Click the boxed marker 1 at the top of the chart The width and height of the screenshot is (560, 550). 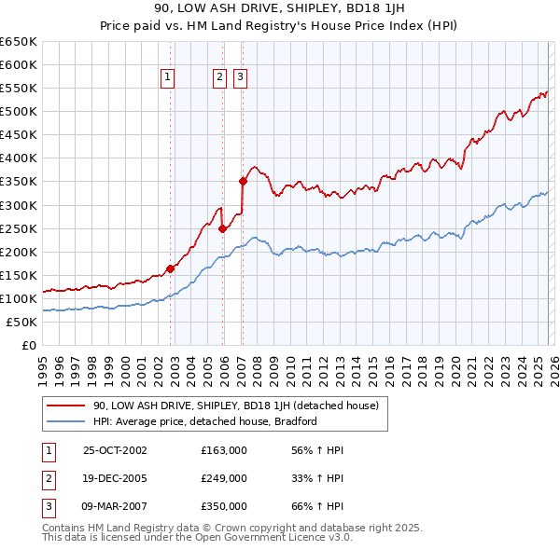(x=168, y=78)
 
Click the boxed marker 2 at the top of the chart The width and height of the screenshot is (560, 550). (x=219, y=78)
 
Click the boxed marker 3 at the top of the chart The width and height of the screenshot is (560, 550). (x=240, y=78)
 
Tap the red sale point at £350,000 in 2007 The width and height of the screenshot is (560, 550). (x=243, y=181)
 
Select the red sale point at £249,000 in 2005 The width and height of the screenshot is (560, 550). (x=223, y=228)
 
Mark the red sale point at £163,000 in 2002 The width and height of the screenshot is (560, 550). (x=171, y=268)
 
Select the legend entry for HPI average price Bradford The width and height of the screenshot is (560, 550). (x=204, y=421)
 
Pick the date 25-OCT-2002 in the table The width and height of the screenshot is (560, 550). (x=115, y=450)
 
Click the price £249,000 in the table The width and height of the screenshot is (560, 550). (x=223, y=478)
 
